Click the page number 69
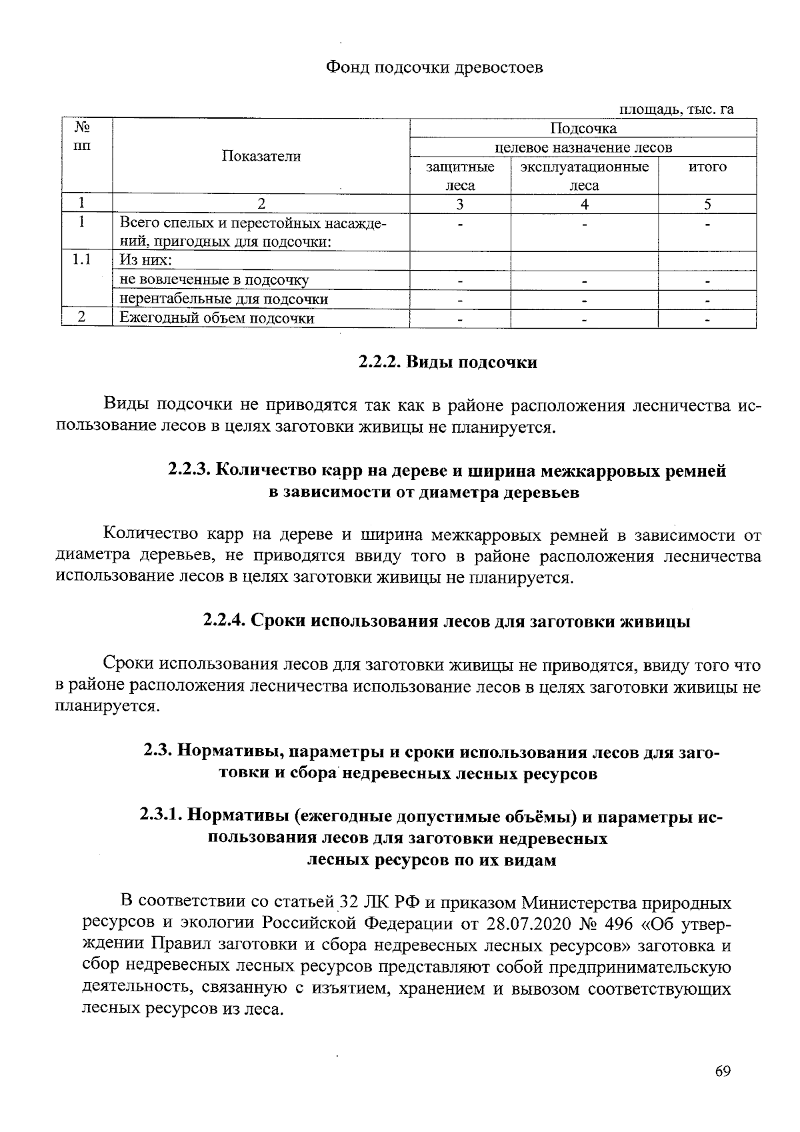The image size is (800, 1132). point(723,1071)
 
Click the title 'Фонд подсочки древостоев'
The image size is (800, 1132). point(433,67)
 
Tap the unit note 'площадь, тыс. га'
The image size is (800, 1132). point(677,109)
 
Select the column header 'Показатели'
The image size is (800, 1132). point(261,156)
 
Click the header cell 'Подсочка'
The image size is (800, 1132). point(583,128)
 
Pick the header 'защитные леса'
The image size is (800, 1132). point(460,176)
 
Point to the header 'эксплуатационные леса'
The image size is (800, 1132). point(585,176)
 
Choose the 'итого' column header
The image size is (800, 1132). point(707,167)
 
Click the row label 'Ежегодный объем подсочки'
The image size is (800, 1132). point(217,318)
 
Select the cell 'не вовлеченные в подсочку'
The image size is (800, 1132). point(214,280)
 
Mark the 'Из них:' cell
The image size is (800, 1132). point(146,261)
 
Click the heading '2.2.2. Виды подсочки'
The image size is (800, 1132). point(447,363)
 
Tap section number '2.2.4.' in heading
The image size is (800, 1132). point(225,621)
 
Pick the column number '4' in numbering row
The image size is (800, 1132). point(584,204)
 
